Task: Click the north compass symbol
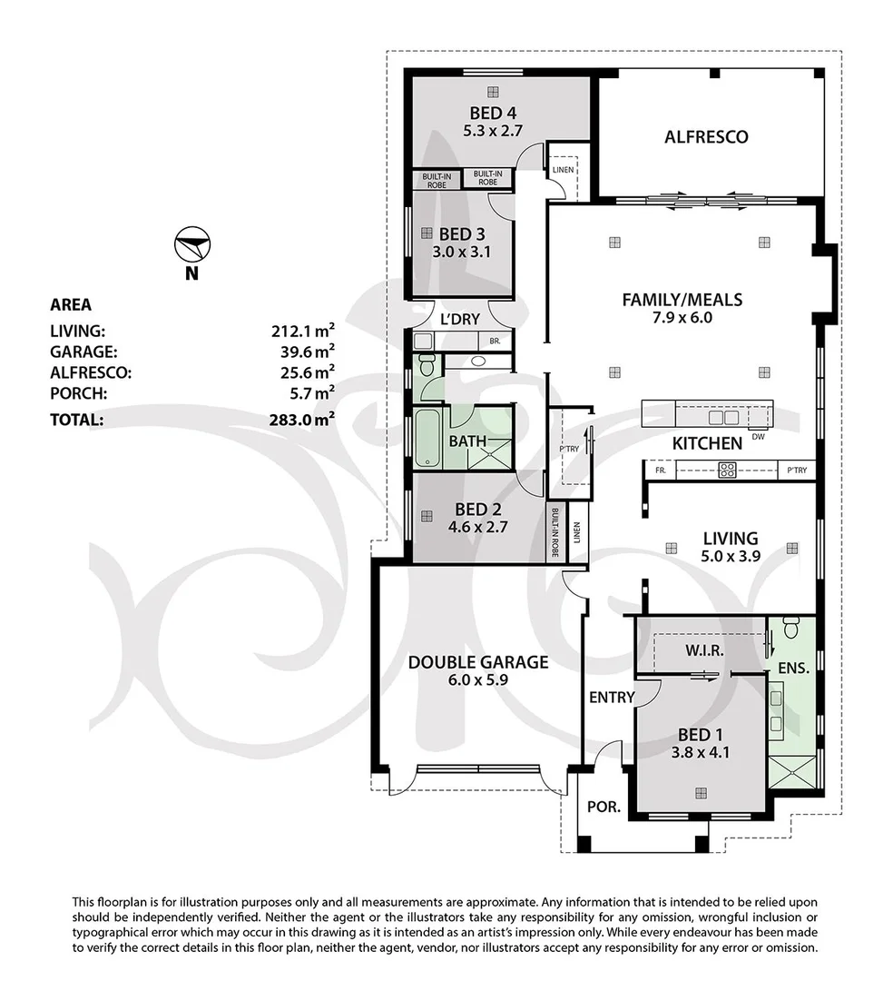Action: [191, 244]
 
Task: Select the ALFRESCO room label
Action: [706, 137]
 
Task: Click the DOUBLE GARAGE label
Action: [477, 662]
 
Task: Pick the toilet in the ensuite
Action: [790, 628]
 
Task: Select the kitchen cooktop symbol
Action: [727, 470]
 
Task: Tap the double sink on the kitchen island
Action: [722, 417]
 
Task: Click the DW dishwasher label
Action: [759, 435]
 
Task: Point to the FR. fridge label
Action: [660, 471]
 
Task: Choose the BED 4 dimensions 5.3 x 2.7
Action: [493, 131]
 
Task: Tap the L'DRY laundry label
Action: [458, 321]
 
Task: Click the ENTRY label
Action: [611, 697]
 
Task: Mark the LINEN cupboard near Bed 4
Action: [563, 170]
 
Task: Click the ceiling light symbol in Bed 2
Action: [427, 516]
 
